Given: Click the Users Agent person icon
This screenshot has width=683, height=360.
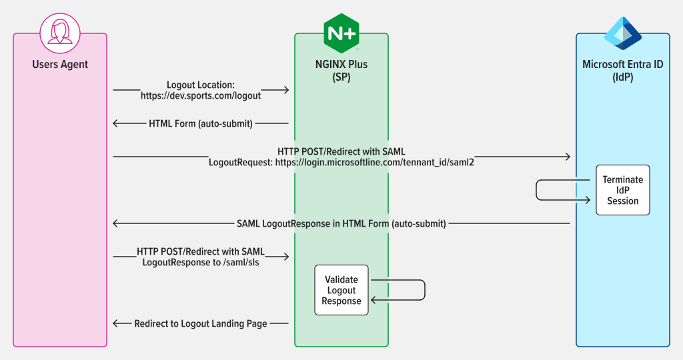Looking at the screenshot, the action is [60, 33].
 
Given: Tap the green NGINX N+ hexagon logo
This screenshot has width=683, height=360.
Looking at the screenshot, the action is [341, 33].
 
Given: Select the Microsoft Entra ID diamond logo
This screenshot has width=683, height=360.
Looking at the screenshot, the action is [623, 33].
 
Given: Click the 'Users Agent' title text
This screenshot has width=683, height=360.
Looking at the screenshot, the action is [60, 65].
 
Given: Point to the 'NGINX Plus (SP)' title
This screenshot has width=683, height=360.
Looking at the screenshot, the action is [341, 71].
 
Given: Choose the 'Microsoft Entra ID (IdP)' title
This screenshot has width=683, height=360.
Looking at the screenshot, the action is [623, 71].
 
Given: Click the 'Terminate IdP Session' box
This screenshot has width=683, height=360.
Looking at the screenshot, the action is [623, 190].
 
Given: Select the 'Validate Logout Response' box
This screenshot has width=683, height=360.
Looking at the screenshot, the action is [341, 290].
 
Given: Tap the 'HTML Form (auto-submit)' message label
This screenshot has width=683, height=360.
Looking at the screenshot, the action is [201, 123].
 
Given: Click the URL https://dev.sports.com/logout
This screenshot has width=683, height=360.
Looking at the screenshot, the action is [201, 96].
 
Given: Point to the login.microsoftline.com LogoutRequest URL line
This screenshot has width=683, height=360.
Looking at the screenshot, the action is [341, 163].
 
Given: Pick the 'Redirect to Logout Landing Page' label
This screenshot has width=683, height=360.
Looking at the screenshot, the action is [201, 323].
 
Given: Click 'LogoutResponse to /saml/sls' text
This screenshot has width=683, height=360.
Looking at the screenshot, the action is [201, 263].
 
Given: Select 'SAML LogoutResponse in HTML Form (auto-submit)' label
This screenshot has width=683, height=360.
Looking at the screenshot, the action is [341, 224].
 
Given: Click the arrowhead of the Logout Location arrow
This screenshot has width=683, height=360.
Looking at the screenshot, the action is [286, 90].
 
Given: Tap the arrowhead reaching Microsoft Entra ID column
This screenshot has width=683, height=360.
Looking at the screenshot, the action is [568, 156].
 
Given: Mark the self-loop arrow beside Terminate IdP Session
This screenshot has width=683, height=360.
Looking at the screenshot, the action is [536, 190].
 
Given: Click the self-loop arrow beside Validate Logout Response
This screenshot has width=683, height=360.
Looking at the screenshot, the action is [425, 290].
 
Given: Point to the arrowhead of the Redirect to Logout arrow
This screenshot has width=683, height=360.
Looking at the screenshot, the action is [116, 323].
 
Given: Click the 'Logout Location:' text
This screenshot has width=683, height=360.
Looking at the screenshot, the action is [201, 85].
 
